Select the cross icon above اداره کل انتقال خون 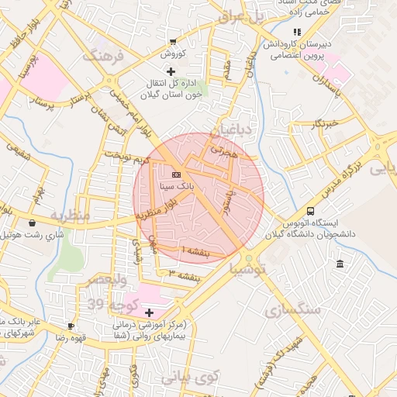coord(171,71)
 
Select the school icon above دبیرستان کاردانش coord(296,32)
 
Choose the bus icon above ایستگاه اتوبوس coord(311,211)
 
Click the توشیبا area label coord(247,269)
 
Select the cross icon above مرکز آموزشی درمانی coord(149,312)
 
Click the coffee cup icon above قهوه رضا coord(71,326)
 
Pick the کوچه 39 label coord(107,303)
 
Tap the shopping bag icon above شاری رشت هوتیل coord(32,222)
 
